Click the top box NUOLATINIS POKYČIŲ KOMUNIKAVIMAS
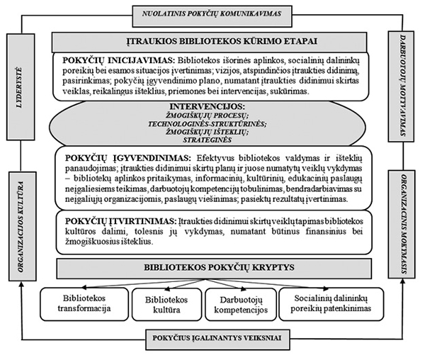[x=212, y=12]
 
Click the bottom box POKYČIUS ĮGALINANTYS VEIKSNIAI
[x=212, y=339]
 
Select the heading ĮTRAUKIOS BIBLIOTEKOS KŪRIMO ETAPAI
[x=212, y=40]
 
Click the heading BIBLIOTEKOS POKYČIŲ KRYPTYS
[x=212, y=269]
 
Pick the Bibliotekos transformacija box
[x=79, y=303]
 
